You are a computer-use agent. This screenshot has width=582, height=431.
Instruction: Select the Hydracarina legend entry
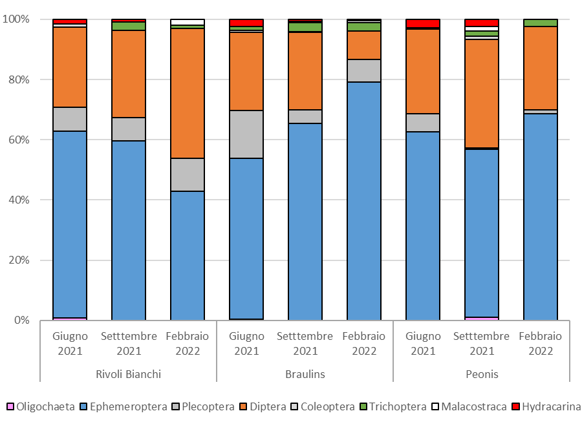(551, 406)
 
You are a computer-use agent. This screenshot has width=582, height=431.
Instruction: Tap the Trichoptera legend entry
(398, 406)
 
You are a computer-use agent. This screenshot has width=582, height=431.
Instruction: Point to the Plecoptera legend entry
(208, 406)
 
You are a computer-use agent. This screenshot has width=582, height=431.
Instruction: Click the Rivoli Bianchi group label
(128, 374)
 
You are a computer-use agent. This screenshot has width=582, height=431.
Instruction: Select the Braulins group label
(305, 374)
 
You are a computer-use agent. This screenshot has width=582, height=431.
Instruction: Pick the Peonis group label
(481, 374)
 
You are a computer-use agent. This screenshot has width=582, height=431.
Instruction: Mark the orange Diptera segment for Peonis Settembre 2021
(481, 94)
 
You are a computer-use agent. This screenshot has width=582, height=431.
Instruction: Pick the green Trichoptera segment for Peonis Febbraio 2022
(540, 23)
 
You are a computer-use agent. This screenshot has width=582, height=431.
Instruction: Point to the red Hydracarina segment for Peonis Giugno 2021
(422, 23)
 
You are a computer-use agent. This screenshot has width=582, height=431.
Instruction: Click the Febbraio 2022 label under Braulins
(363, 344)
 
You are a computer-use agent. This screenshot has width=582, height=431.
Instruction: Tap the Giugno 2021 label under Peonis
(422, 344)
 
